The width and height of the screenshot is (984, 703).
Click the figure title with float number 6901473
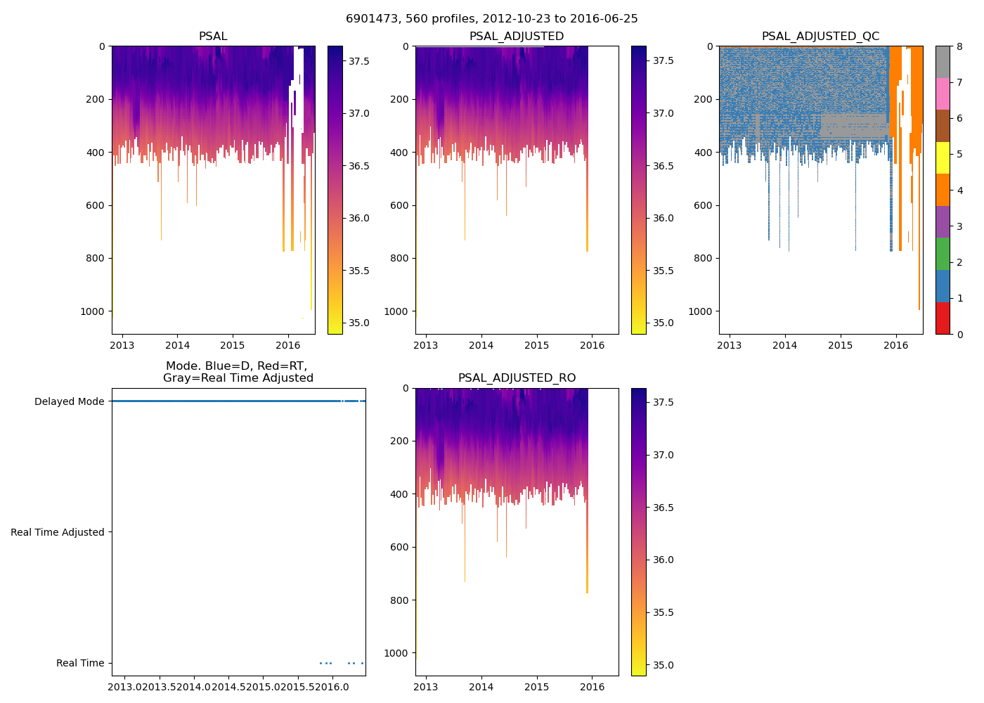(491, 19)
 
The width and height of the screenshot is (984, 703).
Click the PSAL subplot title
(213, 37)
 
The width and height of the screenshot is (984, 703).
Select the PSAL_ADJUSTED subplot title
(517, 37)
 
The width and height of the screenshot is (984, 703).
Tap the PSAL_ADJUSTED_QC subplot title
(820, 37)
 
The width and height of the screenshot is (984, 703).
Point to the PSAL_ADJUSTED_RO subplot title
(517, 378)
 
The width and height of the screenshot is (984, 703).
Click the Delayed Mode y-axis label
(69, 402)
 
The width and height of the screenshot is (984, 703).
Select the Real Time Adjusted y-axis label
(58, 533)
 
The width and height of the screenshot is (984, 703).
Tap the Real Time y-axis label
(80, 664)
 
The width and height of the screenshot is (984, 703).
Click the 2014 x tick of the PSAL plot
(178, 345)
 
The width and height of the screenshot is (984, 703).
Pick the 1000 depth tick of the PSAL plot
(93, 311)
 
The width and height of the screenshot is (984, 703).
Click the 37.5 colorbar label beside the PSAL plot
(359, 61)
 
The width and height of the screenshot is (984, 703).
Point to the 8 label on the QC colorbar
(959, 47)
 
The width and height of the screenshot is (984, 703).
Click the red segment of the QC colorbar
(943, 318)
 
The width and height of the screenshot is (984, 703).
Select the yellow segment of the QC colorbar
(943, 157)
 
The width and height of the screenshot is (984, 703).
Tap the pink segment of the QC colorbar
(943, 93)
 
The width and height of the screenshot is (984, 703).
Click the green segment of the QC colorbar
(943, 254)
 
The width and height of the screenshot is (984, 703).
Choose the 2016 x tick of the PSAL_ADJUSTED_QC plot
(895, 345)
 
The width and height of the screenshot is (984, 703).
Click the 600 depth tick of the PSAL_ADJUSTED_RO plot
(396, 548)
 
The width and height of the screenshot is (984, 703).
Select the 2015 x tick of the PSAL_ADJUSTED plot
(537, 345)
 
